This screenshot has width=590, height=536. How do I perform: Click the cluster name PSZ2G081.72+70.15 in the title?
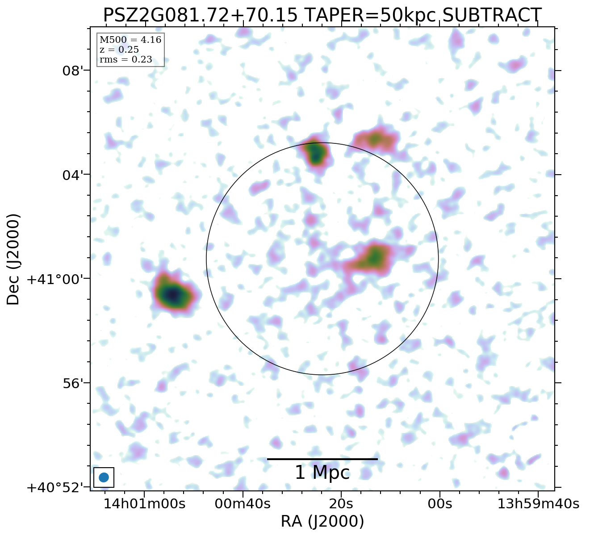pyautogui.click(x=200, y=15)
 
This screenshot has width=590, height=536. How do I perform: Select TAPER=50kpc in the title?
pyautogui.click(x=370, y=15)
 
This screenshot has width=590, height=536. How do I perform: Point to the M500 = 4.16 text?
pyautogui.click(x=130, y=40)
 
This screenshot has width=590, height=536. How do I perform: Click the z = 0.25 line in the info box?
pyautogui.click(x=119, y=50)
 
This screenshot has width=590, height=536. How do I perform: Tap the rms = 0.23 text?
pyautogui.click(x=126, y=60)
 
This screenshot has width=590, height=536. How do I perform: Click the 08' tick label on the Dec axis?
pyautogui.click(x=72, y=71)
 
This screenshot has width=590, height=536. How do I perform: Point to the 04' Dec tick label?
pyautogui.click(x=72, y=175)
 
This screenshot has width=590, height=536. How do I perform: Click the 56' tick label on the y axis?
pyautogui.click(x=72, y=383)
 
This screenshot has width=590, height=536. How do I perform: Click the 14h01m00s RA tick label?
pyautogui.click(x=144, y=504)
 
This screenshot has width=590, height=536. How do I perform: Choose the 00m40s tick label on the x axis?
pyautogui.click(x=243, y=504)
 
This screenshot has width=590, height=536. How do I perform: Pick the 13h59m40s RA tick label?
pyautogui.click(x=538, y=504)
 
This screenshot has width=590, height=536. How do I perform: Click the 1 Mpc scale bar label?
pyautogui.click(x=322, y=473)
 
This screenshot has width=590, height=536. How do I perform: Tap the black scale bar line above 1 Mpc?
pyautogui.click(x=322, y=459)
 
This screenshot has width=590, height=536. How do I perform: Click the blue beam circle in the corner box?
pyautogui.click(x=104, y=477)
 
